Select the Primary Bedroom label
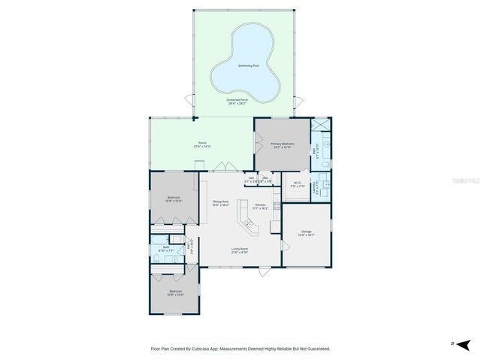pos(283,143)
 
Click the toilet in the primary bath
pos(324,165)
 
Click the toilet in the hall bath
pos(156,258)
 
